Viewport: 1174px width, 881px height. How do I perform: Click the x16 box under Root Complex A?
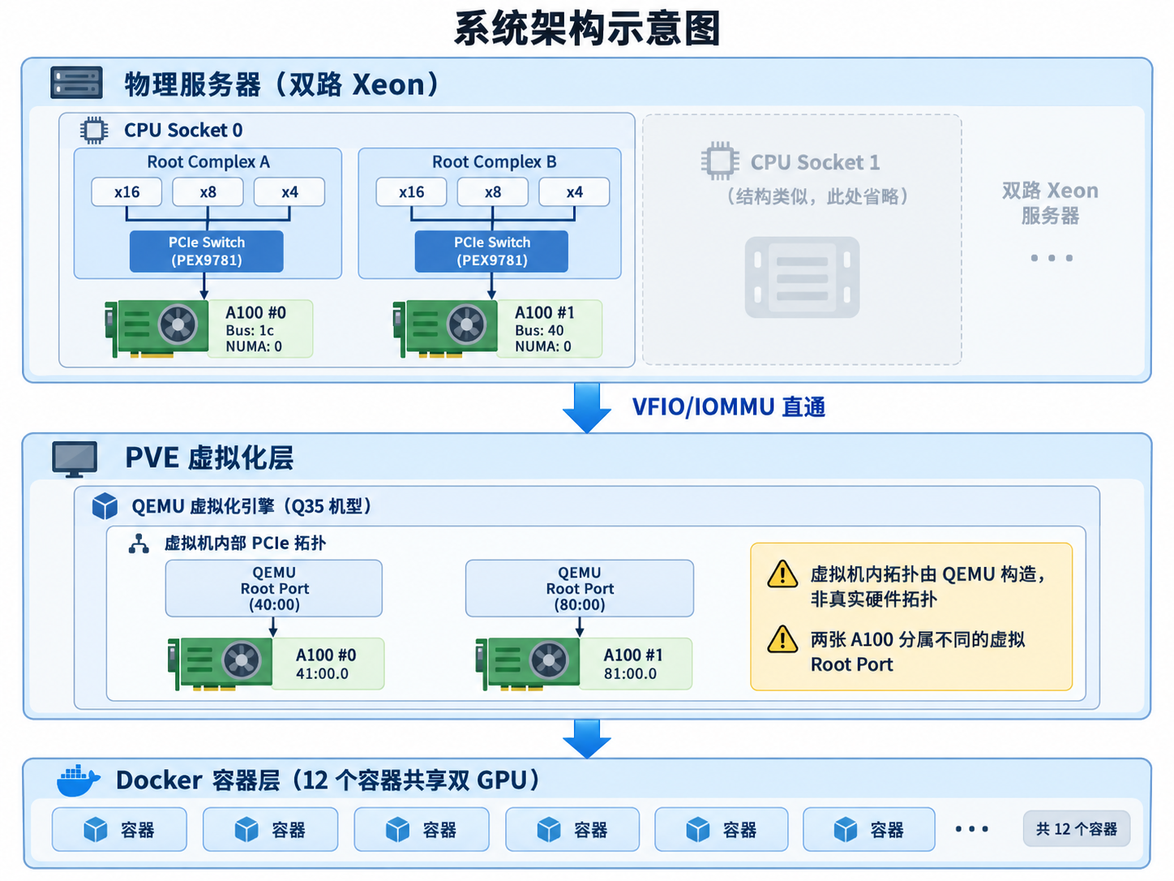click(x=126, y=192)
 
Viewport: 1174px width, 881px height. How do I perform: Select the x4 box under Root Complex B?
click(x=574, y=192)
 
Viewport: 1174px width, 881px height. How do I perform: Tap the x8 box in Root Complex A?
click(x=208, y=192)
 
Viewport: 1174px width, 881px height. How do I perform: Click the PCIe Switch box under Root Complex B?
click(x=491, y=251)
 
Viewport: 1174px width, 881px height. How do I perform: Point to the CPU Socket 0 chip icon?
click(x=93, y=130)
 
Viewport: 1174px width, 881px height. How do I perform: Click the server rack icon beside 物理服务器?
click(x=76, y=83)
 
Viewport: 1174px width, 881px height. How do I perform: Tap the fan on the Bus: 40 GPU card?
click(x=466, y=324)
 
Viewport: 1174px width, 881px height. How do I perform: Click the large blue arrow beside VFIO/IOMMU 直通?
click(x=587, y=407)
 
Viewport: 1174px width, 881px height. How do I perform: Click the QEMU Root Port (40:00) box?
click(x=274, y=588)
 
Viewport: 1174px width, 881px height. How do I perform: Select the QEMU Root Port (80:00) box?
click(x=579, y=588)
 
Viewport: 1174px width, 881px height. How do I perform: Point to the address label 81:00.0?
click(x=630, y=673)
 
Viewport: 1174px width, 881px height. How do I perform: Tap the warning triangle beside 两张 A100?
click(x=782, y=640)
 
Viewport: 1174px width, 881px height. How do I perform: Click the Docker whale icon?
click(x=78, y=780)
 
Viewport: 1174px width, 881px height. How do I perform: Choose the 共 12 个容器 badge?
click(x=1076, y=828)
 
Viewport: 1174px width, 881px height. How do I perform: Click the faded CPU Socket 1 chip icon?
click(x=720, y=161)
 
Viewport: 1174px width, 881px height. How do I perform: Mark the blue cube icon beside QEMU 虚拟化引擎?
click(x=105, y=506)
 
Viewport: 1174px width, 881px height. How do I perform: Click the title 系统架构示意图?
click(x=587, y=29)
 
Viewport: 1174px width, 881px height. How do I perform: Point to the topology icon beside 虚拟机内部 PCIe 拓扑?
click(x=139, y=544)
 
